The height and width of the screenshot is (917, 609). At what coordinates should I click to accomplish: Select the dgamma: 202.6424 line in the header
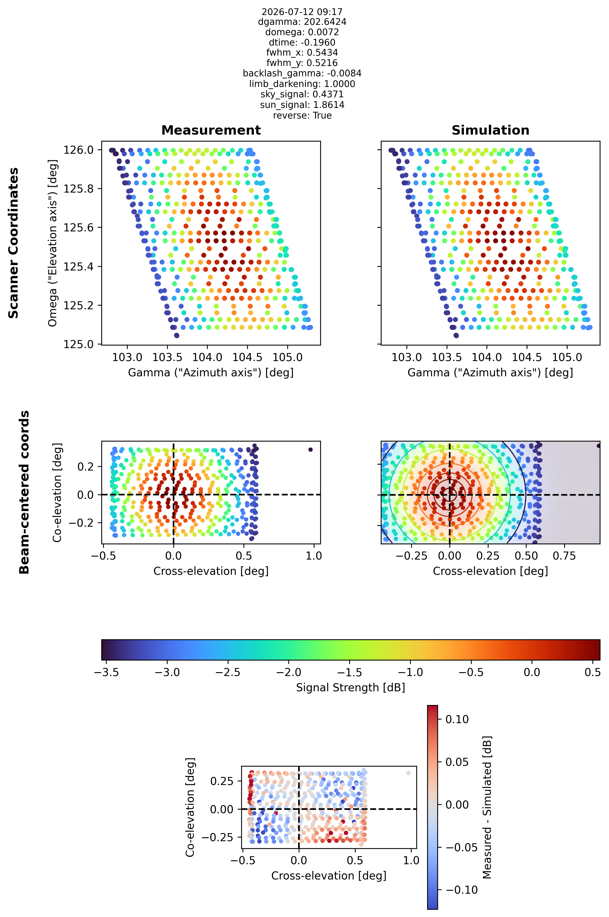tap(302, 22)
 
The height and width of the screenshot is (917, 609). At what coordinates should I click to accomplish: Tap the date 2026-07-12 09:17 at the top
tap(302, 12)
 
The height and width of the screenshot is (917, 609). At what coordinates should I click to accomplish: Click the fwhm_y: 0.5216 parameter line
tap(302, 63)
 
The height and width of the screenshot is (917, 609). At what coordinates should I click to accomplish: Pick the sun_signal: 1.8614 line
tap(302, 105)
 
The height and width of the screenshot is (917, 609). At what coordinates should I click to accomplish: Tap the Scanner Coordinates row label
tap(13, 243)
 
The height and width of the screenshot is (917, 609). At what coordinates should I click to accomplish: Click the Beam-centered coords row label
tap(24, 492)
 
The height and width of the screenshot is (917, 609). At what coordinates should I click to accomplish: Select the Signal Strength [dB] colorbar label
tap(350, 688)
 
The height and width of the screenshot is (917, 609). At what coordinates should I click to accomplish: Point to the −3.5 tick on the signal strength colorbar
tap(106, 672)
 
